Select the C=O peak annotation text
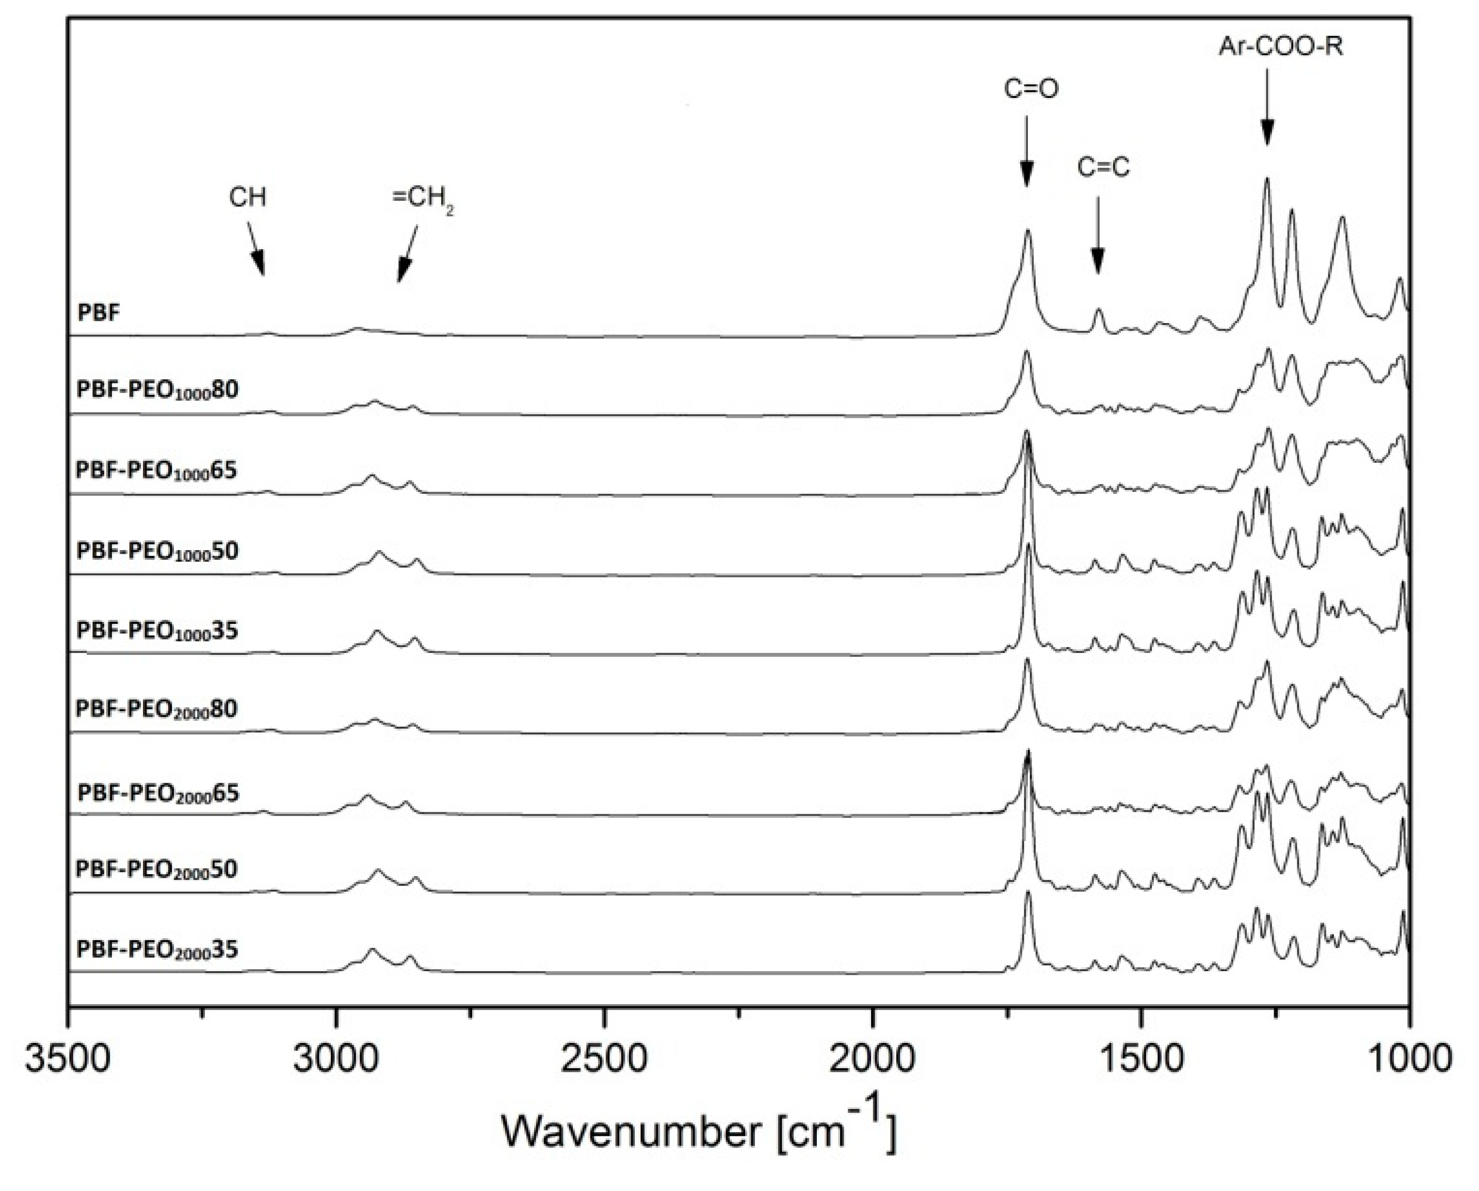[x=1031, y=89]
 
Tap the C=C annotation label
[x=1103, y=167]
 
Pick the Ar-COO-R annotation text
[x=1280, y=46]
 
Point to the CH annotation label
[x=247, y=198]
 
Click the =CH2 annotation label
[x=423, y=199]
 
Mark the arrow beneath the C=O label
[x=1026, y=151]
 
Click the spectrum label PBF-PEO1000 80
[x=157, y=390]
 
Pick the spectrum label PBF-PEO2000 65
[x=158, y=793]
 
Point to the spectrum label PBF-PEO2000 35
[x=157, y=949]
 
